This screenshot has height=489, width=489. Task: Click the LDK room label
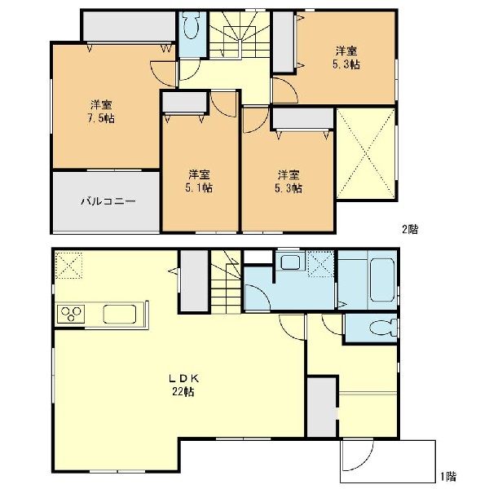coord(183,379)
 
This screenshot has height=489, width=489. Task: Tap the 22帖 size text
coord(183,391)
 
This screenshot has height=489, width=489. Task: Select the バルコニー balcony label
coord(108,201)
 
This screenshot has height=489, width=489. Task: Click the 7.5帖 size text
coord(101,118)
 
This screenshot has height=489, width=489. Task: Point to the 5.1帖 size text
coord(199,187)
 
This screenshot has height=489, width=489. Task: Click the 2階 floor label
coord(410,230)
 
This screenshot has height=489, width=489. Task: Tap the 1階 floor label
coord(448,476)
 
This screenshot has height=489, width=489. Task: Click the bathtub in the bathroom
coord(381,280)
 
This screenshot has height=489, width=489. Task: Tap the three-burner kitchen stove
coord(71,314)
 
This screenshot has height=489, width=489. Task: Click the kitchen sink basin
coord(120,314)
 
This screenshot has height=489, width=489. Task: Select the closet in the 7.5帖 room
coord(129,26)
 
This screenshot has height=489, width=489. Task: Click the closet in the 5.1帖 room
coord(185,102)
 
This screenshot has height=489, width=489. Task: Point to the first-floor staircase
coord(226,282)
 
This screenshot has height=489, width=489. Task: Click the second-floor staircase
coord(239,34)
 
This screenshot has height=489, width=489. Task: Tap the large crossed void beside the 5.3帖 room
coord(366,154)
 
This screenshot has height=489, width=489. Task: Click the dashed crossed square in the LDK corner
coord(69,265)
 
